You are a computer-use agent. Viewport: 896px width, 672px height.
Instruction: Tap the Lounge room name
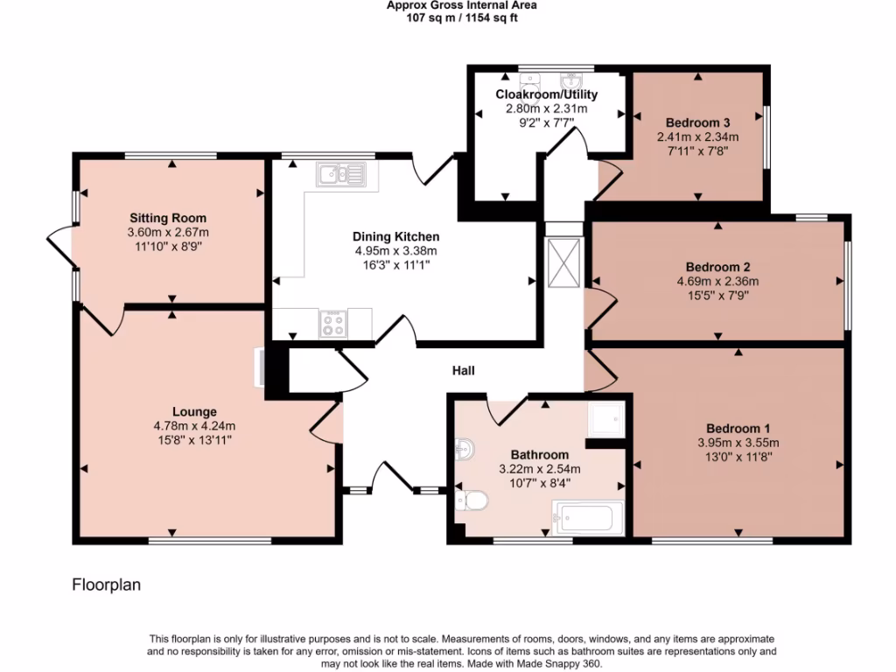point(194,411)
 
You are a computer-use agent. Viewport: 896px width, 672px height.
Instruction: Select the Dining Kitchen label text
point(395,236)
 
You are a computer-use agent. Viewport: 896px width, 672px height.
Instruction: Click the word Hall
point(463,371)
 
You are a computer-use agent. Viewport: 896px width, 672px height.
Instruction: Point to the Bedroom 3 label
point(697,122)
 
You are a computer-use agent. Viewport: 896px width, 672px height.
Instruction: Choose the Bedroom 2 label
point(717,267)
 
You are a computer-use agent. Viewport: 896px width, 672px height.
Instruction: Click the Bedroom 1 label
point(738,428)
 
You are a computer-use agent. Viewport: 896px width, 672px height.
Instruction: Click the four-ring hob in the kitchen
point(333,324)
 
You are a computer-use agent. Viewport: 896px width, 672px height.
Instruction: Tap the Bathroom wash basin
point(464,449)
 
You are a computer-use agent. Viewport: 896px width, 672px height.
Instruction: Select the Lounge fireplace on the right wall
point(260,367)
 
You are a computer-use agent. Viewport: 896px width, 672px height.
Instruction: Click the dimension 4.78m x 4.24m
point(194,426)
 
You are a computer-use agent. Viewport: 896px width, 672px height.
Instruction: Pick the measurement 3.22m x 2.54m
point(540,469)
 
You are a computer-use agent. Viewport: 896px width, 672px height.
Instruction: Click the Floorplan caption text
point(106,584)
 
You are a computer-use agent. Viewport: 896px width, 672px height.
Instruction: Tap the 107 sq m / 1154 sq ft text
point(462,17)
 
